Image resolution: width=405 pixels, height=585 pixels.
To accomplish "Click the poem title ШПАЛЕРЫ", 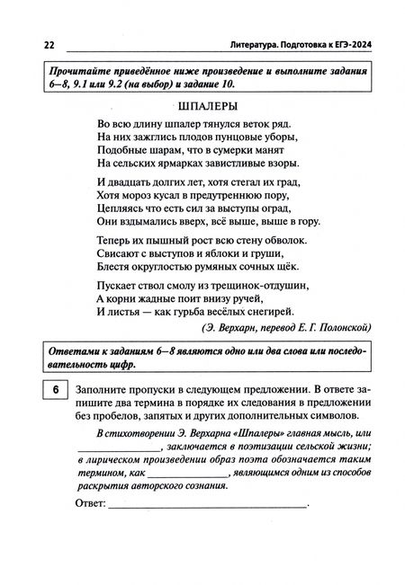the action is pos(202,105).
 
